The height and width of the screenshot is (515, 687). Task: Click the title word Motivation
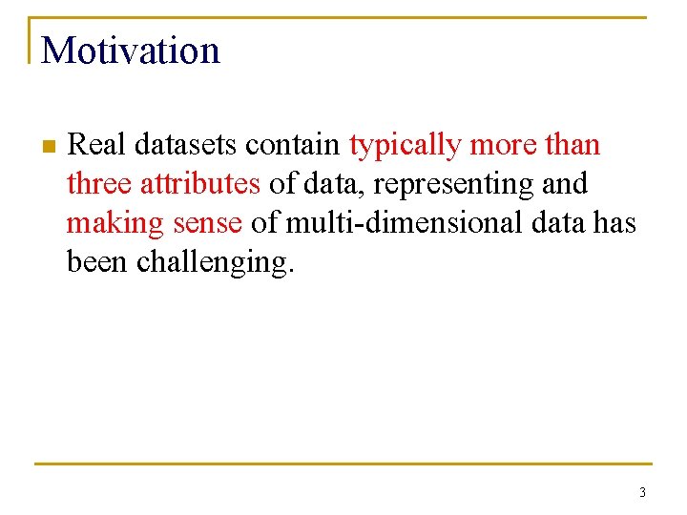(x=131, y=51)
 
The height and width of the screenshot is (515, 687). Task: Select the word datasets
(x=187, y=145)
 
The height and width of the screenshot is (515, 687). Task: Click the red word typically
(x=406, y=146)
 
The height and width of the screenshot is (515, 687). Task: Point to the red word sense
(x=208, y=222)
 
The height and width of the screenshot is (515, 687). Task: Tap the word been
(x=98, y=260)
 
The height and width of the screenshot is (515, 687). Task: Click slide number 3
(x=642, y=493)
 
